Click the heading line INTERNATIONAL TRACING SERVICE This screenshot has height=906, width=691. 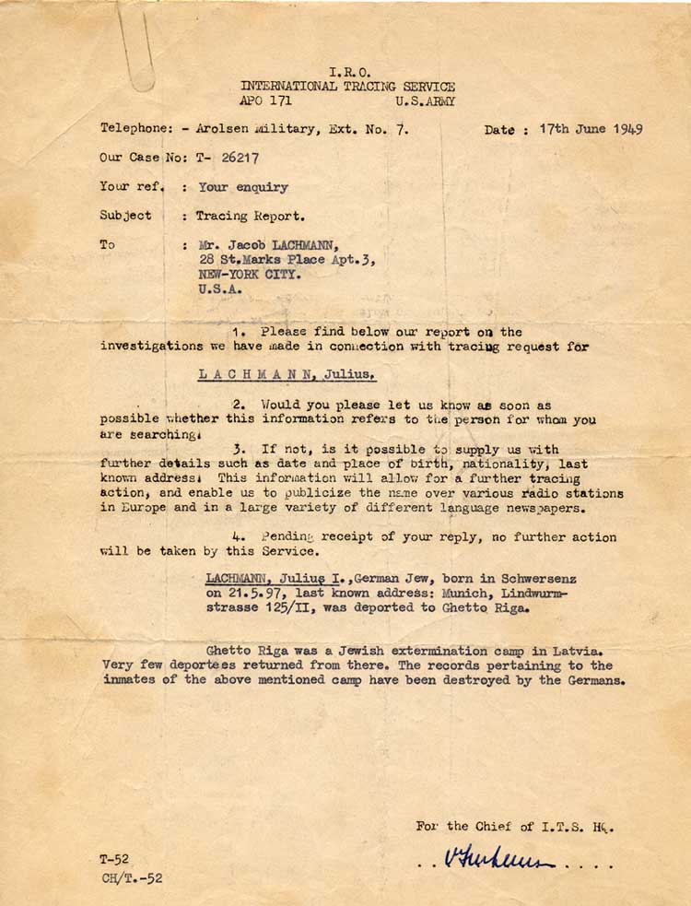pyautogui.click(x=347, y=87)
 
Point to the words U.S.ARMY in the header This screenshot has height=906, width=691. pyautogui.click(x=425, y=101)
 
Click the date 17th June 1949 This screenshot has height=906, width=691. pyautogui.click(x=591, y=129)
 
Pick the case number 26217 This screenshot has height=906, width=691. pyautogui.click(x=237, y=158)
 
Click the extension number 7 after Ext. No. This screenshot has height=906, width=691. pyautogui.click(x=401, y=130)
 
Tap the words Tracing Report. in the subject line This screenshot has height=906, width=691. pyautogui.click(x=250, y=216)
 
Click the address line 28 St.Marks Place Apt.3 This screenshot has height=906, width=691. pyautogui.click(x=287, y=260)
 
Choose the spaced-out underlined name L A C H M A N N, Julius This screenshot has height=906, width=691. pyautogui.click(x=287, y=375)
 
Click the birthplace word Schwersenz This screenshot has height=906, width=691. pyautogui.click(x=539, y=579)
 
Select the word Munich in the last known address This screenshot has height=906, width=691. pyautogui.click(x=462, y=594)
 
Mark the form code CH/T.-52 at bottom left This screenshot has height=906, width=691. pyautogui.click(x=131, y=878)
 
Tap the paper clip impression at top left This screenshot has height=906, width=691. pyautogui.click(x=137, y=51)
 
